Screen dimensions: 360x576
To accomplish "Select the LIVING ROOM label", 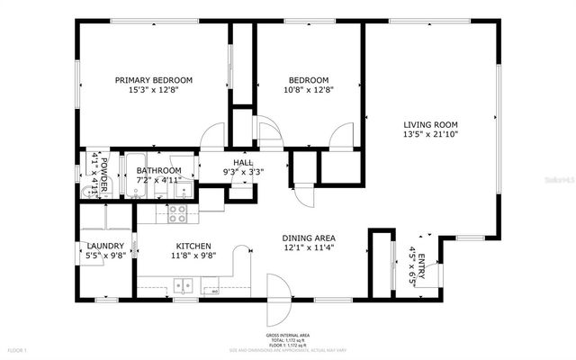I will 431,124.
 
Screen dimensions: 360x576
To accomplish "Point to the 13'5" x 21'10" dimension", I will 431,134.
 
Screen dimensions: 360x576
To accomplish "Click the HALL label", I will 243,161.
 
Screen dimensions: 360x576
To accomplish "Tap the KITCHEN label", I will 193,246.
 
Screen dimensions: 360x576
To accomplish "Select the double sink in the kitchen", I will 184,286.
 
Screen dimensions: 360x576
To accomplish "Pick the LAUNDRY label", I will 104,246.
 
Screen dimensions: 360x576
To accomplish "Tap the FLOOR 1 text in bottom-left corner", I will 18,349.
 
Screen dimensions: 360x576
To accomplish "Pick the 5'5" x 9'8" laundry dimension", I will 104,256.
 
